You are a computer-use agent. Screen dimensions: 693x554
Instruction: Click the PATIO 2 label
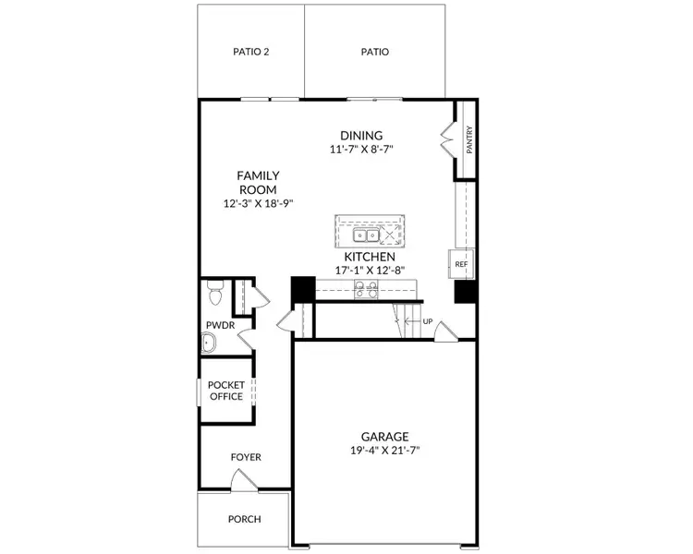pyautogui.click(x=251, y=52)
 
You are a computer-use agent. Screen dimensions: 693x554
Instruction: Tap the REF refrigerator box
pyautogui.click(x=461, y=264)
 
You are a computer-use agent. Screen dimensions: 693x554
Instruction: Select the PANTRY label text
pyautogui.click(x=469, y=140)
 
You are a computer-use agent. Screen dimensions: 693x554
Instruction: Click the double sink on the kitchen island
pyautogui.click(x=366, y=235)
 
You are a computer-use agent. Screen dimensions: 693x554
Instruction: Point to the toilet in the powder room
pyautogui.click(x=215, y=293)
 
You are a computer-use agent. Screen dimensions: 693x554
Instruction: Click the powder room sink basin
pyautogui.click(x=208, y=343)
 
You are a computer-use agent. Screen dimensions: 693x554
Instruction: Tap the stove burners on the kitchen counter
pyautogui.click(x=366, y=289)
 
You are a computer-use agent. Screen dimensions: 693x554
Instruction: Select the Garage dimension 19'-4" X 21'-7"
pyautogui.click(x=385, y=451)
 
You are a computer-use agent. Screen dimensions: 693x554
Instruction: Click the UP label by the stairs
pyautogui.click(x=428, y=321)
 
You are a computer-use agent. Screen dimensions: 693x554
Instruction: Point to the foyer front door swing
pyautogui.click(x=244, y=479)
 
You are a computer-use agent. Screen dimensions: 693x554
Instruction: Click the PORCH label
pyautogui.click(x=245, y=519)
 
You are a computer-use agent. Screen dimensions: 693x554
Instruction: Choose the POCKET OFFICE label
pyautogui.click(x=225, y=391)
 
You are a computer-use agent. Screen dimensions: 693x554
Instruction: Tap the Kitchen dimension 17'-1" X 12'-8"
pyautogui.click(x=370, y=271)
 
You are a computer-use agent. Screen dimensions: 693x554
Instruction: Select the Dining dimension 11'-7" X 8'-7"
pyautogui.click(x=361, y=150)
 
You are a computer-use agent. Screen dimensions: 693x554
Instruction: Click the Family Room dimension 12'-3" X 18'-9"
pyautogui.click(x=259, y=204)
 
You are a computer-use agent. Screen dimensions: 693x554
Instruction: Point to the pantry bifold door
pyautogui.click(x=448, y=138)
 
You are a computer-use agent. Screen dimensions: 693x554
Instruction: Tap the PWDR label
pyautogui.click(x=220, y=326)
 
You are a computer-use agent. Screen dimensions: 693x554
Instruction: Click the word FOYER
pyautogui.click(x=246, y=457)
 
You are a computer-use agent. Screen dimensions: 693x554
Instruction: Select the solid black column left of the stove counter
pyautogui.click(x=303, y=289)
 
